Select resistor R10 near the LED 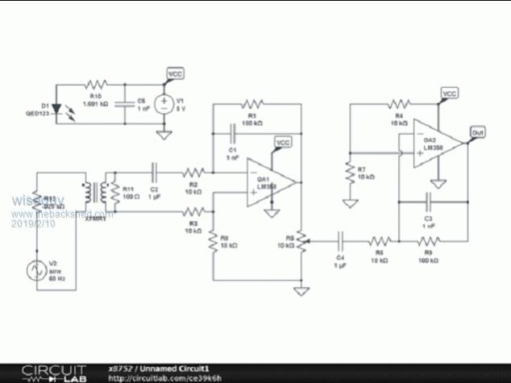98,84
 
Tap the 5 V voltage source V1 163,104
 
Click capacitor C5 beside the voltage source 125,104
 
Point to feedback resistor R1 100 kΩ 254,104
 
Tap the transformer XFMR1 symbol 102,192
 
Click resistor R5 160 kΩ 429,240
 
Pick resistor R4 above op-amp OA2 397,104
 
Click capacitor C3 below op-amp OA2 429,198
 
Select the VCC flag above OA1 283,144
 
